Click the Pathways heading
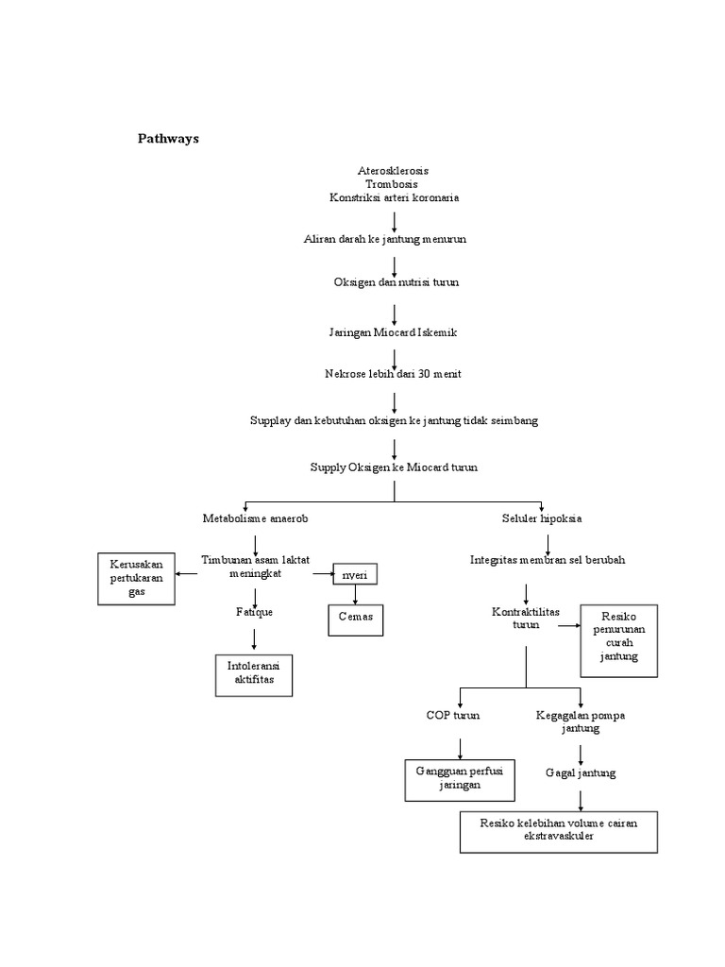169,139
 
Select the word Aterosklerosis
394,171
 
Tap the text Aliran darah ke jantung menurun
384,240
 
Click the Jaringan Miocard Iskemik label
394,332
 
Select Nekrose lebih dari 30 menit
393,374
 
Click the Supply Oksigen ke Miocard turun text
395,467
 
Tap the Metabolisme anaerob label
255,518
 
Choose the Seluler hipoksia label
541,518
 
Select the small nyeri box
355,574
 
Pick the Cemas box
355,618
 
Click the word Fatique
254,612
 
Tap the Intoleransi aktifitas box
254,673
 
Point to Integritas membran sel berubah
548,560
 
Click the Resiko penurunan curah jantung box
618,641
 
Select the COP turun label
453,716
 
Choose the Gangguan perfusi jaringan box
460,778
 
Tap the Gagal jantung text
581,772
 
